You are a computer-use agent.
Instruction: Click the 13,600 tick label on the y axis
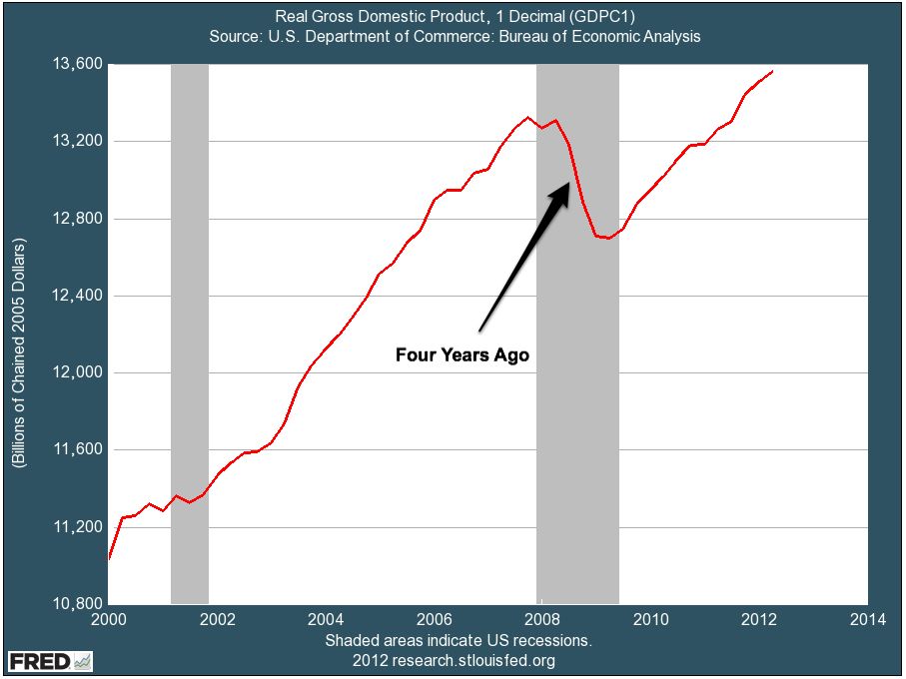click(77, 64)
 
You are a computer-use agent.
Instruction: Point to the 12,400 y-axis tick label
click(77, 296)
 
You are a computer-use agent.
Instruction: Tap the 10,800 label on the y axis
click(77, 604)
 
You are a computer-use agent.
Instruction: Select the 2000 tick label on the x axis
click(109, 619)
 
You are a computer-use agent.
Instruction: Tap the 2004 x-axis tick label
click(326, 619)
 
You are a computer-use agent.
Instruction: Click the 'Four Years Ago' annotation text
click(461, 354)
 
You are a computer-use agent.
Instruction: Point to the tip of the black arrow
click(568, 181)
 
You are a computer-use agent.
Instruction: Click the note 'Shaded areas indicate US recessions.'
click(458, 640)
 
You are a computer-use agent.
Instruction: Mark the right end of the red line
click(772, 71)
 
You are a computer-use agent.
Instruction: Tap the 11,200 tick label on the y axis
click(77, 527)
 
